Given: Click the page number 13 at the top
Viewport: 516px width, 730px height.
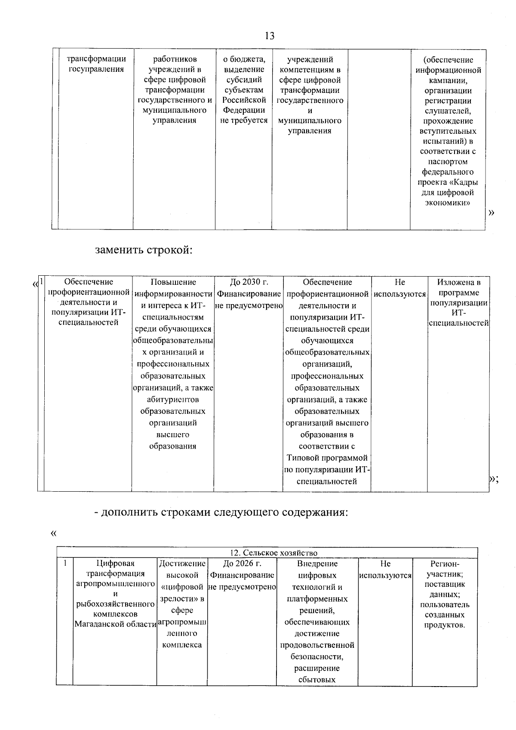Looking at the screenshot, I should pos(270,36).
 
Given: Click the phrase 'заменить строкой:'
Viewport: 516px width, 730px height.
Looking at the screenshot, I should pos(143,250).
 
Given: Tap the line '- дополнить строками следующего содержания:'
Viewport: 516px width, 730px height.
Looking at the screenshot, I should pos(221,512).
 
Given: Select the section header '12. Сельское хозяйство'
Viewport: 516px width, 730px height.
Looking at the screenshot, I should pos(273,553).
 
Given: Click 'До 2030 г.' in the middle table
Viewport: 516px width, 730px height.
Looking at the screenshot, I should pos(249,282).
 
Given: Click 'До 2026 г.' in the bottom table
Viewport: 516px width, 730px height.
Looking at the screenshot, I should pos(242,564).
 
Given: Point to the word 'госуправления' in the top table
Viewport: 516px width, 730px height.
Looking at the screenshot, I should pos(96,69).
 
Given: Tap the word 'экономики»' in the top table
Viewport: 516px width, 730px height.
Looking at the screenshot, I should pos(447,203).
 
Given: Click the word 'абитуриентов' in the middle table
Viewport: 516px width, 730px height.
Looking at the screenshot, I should pos(173,400).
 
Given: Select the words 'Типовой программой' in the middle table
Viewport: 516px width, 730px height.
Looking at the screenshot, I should pos(327,458).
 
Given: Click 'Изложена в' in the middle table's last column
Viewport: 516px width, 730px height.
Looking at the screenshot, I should pos(458,282).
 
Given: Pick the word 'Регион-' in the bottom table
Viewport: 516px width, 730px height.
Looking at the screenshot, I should pos(445,564).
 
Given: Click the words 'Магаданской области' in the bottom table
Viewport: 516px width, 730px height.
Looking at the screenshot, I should pos(115,624).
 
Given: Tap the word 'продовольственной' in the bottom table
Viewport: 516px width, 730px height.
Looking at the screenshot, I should pos(317,645).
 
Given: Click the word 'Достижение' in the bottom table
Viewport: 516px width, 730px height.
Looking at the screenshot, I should pos(182,564).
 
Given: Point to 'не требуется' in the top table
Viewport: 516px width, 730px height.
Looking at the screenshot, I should pos(244,120).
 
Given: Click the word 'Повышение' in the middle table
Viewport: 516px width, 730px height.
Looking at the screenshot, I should pos(173,282).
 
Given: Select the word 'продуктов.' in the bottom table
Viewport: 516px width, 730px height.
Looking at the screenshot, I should pos(445,625).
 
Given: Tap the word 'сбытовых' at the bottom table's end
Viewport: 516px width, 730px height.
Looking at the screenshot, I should pos(316,680).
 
